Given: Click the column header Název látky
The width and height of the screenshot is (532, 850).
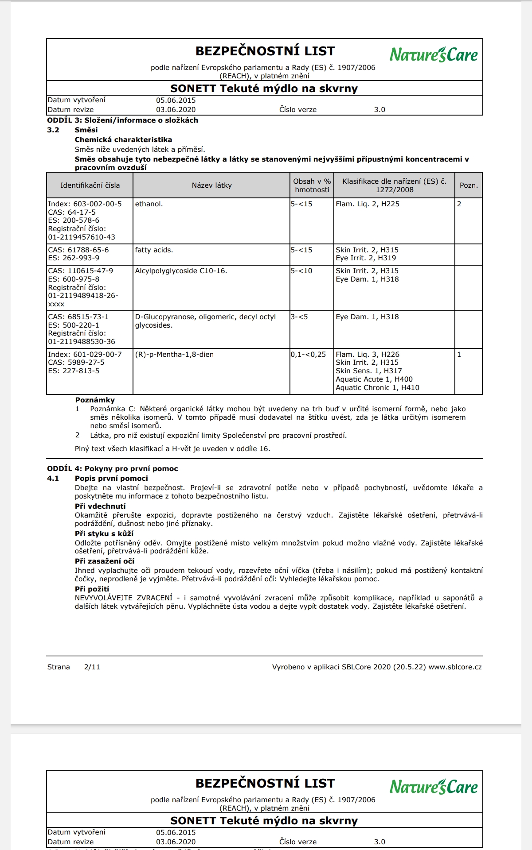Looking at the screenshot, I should (211, 185).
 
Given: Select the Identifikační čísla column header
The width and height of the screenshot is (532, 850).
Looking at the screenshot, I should (90, 185).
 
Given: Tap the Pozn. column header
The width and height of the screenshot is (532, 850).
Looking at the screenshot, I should (469, 185).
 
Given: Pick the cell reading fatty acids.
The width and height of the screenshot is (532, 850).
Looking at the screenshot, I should (154, 250).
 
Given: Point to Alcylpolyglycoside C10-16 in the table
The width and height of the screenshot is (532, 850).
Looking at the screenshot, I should (181, 271).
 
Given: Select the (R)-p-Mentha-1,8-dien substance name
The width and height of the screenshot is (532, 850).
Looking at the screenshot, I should (174, 355).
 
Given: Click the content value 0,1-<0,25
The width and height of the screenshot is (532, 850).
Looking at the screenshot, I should (309, 355).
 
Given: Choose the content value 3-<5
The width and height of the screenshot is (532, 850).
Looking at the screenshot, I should (300, 317).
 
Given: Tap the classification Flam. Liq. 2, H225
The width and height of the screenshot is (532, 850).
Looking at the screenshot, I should (368, 204).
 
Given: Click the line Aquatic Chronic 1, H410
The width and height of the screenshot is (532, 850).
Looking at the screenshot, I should (377, 388).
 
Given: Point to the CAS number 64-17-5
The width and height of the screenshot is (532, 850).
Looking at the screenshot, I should (82, 212).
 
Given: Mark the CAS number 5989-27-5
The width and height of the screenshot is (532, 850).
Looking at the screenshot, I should (86, 363).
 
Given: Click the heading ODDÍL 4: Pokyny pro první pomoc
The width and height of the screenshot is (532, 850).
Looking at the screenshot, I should (113, 469).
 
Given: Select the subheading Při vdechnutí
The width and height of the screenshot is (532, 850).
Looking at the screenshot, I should (100, 506).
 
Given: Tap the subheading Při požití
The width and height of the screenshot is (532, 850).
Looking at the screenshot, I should (92, 589).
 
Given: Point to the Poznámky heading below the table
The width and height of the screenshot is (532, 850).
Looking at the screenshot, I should (95, 400).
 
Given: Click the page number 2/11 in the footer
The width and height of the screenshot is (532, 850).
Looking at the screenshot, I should (92, 667).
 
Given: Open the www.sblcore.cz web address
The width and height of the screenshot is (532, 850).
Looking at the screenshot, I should (455, 667).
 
